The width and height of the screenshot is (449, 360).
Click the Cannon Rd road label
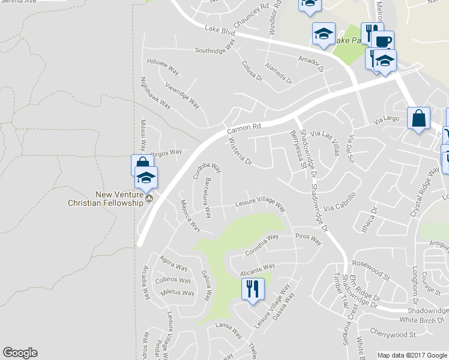click(245, 128)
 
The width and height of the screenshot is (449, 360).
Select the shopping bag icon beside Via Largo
click(418, 118)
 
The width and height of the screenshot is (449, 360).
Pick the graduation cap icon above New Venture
click(146, 178)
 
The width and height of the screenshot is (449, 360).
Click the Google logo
click(20, 353)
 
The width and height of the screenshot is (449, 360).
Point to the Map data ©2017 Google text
click(413, 355)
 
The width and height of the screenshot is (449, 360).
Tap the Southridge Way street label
click(215, 46)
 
